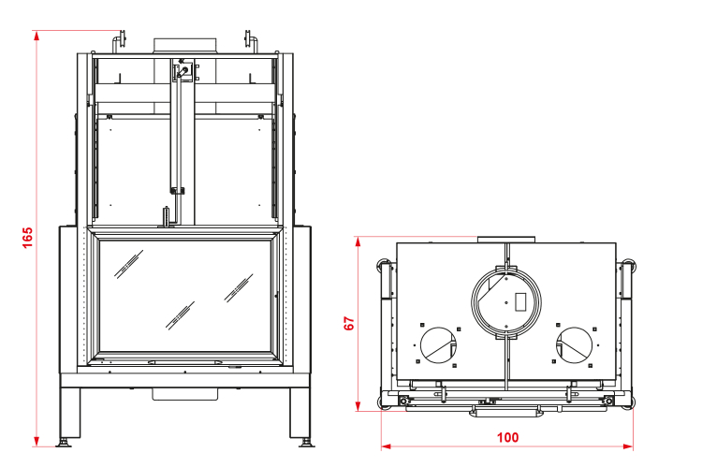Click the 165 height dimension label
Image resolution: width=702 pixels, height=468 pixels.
(27, 238)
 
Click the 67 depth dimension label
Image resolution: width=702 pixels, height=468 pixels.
(349, 323)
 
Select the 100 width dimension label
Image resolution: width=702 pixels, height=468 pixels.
(507, 437)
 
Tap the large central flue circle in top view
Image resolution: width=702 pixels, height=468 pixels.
(505, 269)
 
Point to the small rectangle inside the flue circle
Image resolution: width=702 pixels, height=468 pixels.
(520, 301)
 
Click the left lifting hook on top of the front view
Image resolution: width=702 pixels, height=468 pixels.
(119, 41)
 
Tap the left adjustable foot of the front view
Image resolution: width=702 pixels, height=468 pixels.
(64, 443)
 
